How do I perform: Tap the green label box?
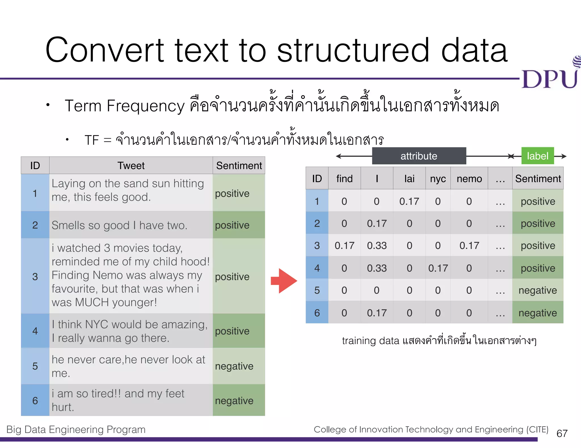[x=538, y=156]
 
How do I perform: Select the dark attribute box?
[x=419, y=156]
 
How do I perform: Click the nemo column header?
[x=469, y=179]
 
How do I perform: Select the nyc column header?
[x=438, y=179]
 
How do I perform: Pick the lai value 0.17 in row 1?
[x=409, y=201]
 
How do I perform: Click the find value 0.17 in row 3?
[x=344, y=246]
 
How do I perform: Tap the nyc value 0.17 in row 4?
[x=438, y=268]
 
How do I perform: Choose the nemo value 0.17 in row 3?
[x=469, y=246]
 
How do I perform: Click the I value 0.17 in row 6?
[x=377, y=313]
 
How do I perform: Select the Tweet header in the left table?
[x=131, y=166]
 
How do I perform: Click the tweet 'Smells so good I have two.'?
[x=119, y=225]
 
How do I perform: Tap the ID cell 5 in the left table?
[x=35, y=366]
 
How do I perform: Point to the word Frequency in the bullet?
[x=146, y=106]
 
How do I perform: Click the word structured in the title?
[x=353, y=50]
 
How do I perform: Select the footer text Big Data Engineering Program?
[x=76, y=430]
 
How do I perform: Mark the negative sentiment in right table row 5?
[x=538, y=290]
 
